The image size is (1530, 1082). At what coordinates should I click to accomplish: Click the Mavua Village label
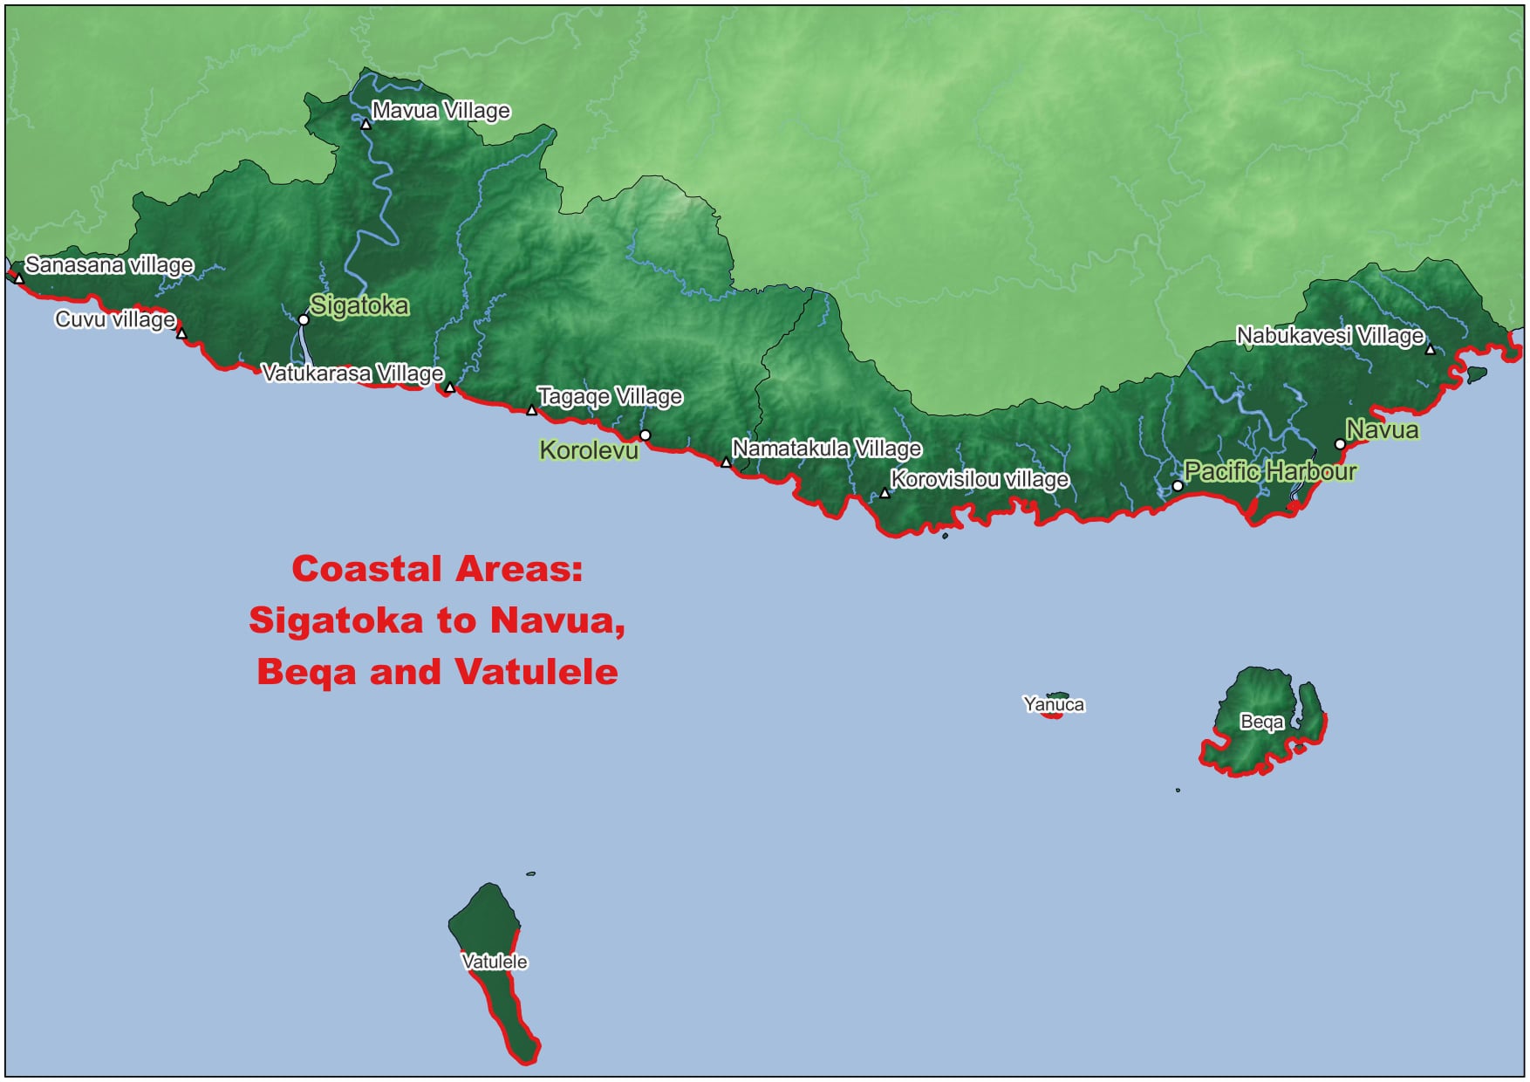click(441, 111)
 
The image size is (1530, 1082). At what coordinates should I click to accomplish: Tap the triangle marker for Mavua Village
click(365, 125)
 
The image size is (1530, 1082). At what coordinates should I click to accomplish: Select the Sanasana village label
click(109, 264)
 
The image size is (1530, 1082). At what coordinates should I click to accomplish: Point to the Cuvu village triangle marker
click(181, 333)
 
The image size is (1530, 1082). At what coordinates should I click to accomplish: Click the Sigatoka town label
click(359, 305)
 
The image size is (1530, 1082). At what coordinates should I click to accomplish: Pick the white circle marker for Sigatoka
click(304, 320)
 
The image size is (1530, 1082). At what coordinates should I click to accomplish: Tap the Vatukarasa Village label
click(352, 373)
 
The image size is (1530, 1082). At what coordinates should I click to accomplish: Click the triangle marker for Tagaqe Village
click(531, 410)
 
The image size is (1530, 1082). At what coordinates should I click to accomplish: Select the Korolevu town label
click(589, 450)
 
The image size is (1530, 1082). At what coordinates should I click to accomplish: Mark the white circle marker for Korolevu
click(645, 435)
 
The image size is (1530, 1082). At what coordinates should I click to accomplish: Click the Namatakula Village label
click(826, 449)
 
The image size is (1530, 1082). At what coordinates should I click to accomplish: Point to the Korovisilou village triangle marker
click(885, 494)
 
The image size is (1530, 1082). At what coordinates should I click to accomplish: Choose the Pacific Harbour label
click(1270, 472)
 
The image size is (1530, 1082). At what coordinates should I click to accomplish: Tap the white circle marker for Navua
click(1340, 444)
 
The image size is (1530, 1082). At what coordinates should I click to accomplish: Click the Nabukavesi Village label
click(1330, 336)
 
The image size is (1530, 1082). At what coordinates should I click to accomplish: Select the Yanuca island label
click(1054, 704)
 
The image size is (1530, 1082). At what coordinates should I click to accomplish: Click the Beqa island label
click(1261, 722)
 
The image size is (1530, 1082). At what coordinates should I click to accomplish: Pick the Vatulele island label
click(495, 962)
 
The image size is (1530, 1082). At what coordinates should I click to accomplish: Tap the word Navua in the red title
click(557, 620)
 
